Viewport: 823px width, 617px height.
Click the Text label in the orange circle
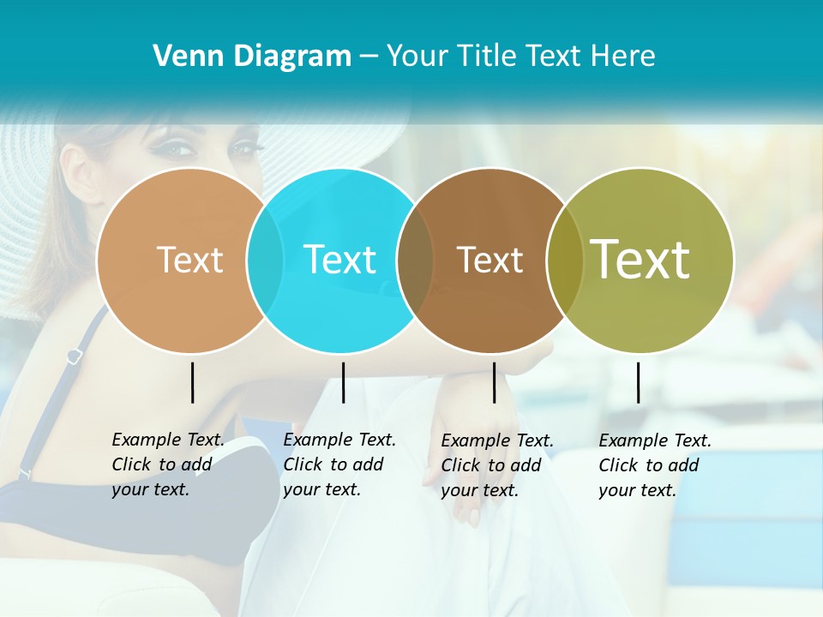coord(189,260)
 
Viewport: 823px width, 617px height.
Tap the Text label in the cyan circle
coord(340,260)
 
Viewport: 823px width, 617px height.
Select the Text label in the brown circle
coord(490,260)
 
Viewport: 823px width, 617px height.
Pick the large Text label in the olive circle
coord(640,260)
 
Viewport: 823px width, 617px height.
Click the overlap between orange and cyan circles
coord(265,261)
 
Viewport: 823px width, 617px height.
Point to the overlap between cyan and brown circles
coord(416,261)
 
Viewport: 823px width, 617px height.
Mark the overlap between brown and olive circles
coord(564,261)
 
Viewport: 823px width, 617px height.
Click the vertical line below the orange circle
coord(192,382)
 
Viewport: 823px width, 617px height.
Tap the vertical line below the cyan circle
coord(343,382)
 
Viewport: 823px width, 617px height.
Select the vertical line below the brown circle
coord(494,382)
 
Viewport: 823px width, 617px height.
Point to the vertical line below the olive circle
coord(638,382)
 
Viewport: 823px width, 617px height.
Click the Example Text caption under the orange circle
coord(168,464)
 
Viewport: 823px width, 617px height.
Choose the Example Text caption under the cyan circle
coord(339,464)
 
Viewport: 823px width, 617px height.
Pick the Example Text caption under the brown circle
coord(497,465)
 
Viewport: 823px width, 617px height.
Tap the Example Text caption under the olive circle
coord(655,465)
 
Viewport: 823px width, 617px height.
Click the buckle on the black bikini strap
coord(75,355)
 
